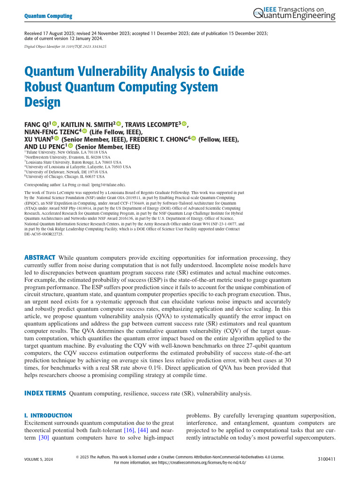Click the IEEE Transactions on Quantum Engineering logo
tap(294, 14)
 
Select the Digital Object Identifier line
tap(65, 47)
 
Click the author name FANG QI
tap(37, 124)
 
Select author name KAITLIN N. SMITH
tap(89, 124)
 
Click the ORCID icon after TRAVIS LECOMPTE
tap(184, 124)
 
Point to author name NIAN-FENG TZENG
tap(52, 132)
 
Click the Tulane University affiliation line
tap(68, 152)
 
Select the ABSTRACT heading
tap(40, 258)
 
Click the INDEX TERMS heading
tap(45, 393)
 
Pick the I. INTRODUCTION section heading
tap(48, 415)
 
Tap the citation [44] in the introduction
tap(139, 430)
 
